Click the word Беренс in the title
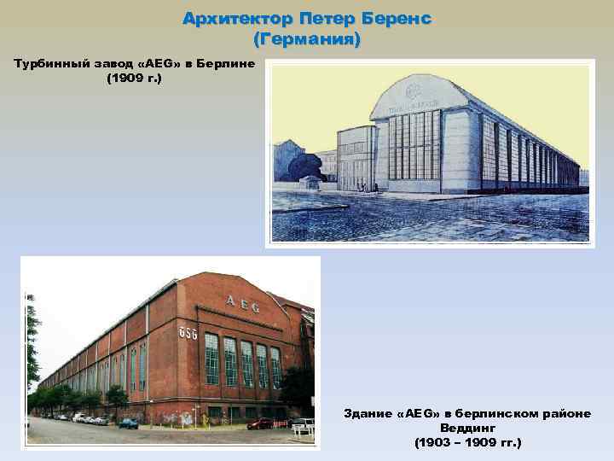(x=393, y=18)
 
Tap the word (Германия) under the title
(x=307, y=39)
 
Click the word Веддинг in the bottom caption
(x=466, y=428)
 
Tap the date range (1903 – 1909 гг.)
(x=466, y=443)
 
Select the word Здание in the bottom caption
(x=368, y=413)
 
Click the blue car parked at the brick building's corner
(x=128, y=423)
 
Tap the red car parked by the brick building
(x=259, y=423)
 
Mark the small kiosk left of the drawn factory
(x=313, y=182)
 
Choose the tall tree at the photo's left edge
(x=32, y=341)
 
